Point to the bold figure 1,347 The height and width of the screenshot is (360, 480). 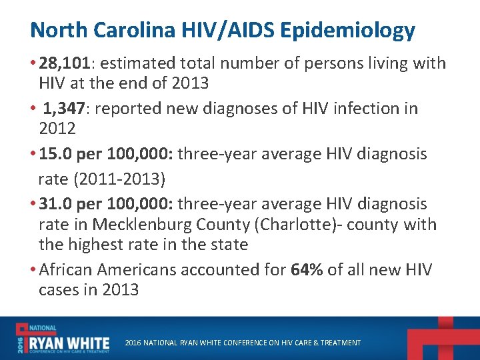point(67,108)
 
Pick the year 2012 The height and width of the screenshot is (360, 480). point(57,128)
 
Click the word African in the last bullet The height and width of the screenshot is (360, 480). point(66,270)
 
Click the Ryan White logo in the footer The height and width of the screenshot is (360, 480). point(63,338)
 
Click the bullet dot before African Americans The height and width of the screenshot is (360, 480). point(34,270)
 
